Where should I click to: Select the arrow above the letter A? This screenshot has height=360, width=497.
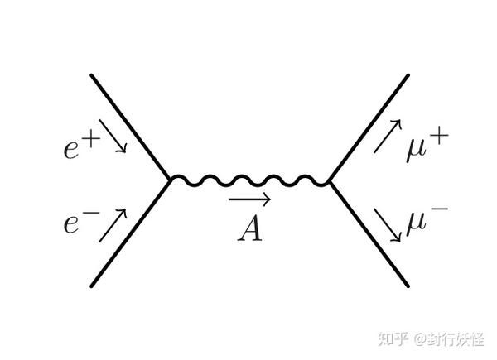(249, 199)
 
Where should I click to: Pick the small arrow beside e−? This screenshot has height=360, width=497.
(114, 223)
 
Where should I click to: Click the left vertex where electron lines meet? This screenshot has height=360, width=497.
(170, 178)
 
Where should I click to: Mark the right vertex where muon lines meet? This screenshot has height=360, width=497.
(330, 180)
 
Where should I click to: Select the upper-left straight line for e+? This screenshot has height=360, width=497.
(130, 127)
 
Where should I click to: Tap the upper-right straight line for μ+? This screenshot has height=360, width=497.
(369, 127)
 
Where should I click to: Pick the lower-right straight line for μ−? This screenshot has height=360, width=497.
(369, 233)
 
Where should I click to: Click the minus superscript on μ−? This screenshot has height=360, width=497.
(439, 211)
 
